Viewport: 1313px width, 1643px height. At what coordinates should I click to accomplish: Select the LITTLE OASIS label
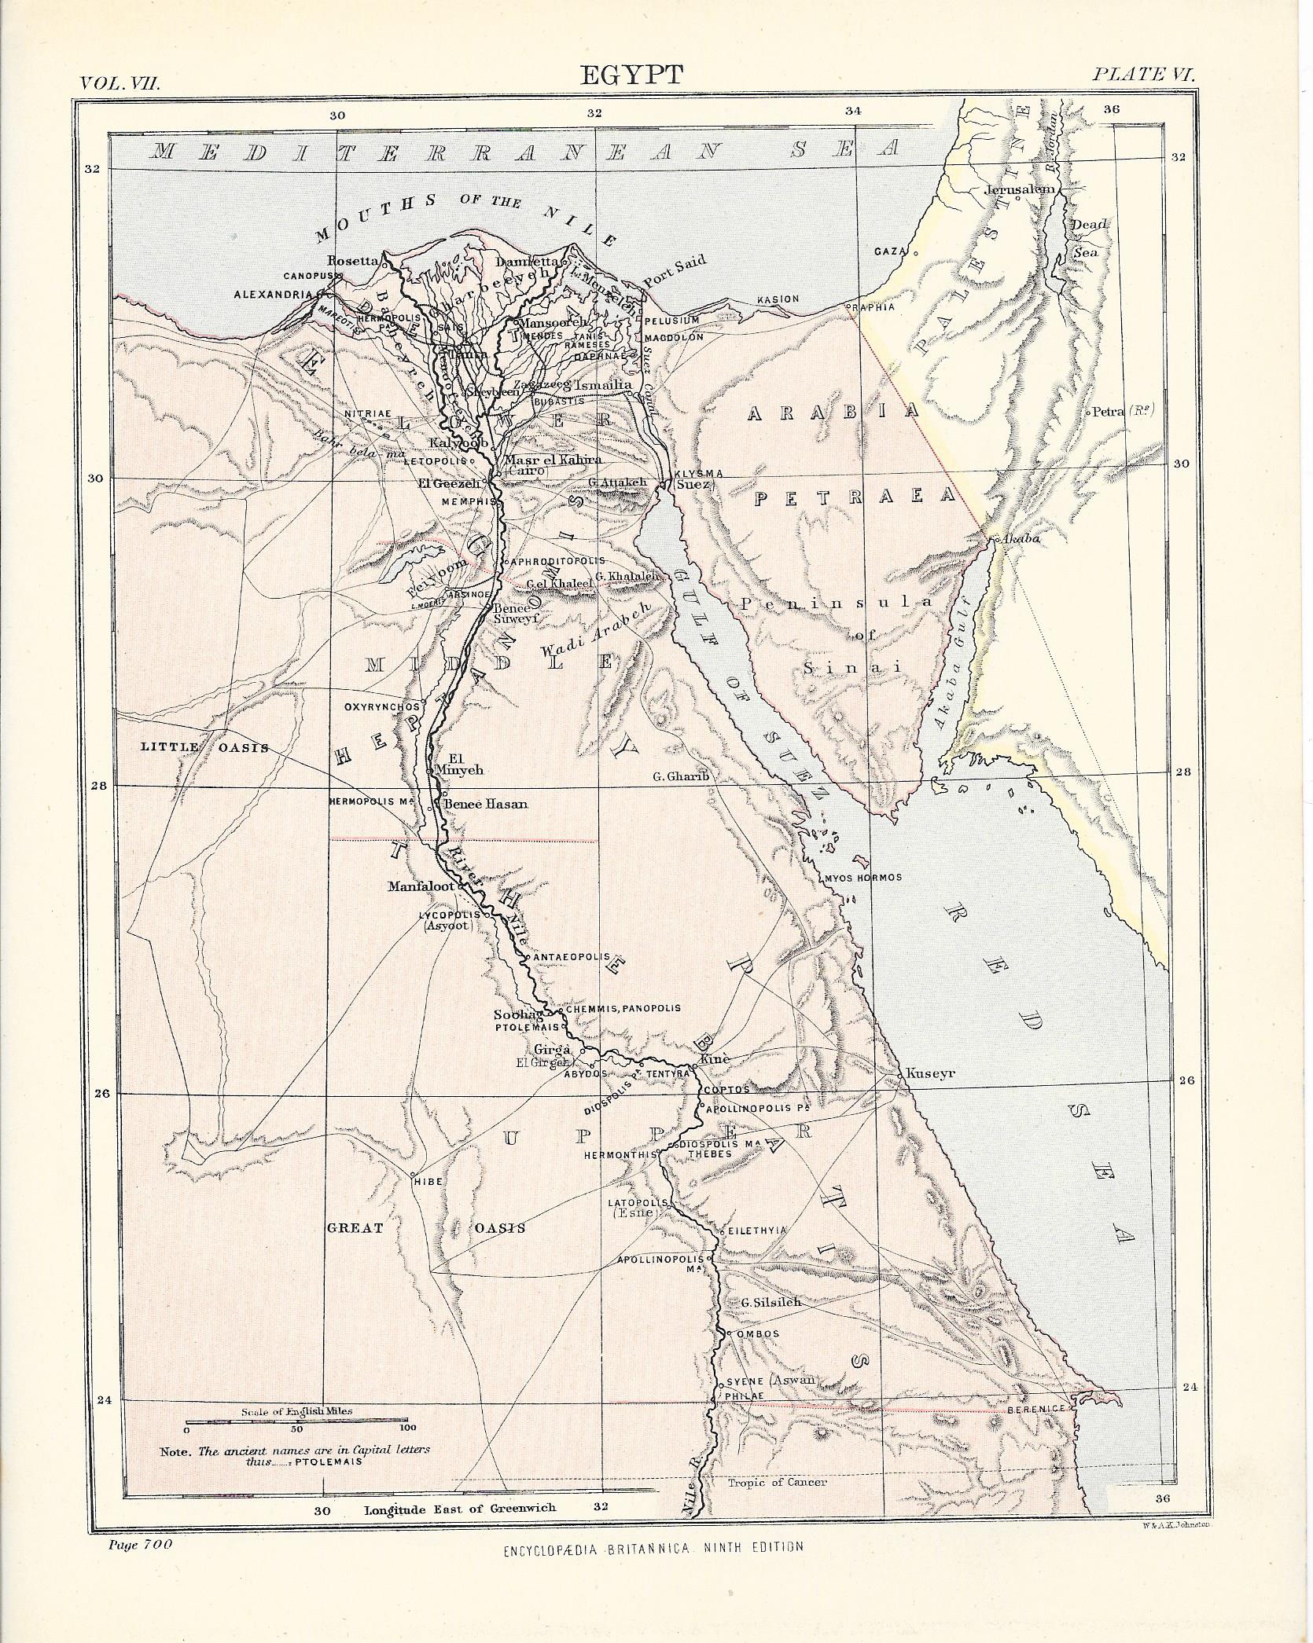(204, 746)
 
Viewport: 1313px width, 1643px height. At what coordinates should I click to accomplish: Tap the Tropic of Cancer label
(777, 1483)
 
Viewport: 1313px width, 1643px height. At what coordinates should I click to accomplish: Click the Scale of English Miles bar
(296, 1421)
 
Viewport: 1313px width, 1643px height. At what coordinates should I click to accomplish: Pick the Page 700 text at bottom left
(138, 1542)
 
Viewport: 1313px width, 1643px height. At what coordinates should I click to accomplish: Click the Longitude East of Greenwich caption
(460, 1508)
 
